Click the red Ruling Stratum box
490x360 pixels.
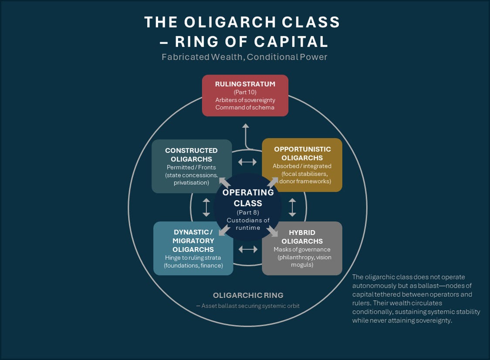245,95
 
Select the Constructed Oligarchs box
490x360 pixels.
191,166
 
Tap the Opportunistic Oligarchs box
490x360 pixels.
302,165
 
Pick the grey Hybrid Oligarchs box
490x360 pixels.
302,248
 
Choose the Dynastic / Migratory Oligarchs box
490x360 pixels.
193,248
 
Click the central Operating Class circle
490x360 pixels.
248,207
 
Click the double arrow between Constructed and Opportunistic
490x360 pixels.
247,162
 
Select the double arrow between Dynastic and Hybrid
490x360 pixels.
248,249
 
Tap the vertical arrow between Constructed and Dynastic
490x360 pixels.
206,207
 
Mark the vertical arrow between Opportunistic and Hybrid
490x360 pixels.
292,207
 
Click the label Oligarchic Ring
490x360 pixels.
247,295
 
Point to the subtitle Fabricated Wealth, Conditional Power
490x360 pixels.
244,57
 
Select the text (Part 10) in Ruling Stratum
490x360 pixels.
245,92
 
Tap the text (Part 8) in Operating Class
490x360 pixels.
248,212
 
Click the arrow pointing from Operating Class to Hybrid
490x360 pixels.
273,231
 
